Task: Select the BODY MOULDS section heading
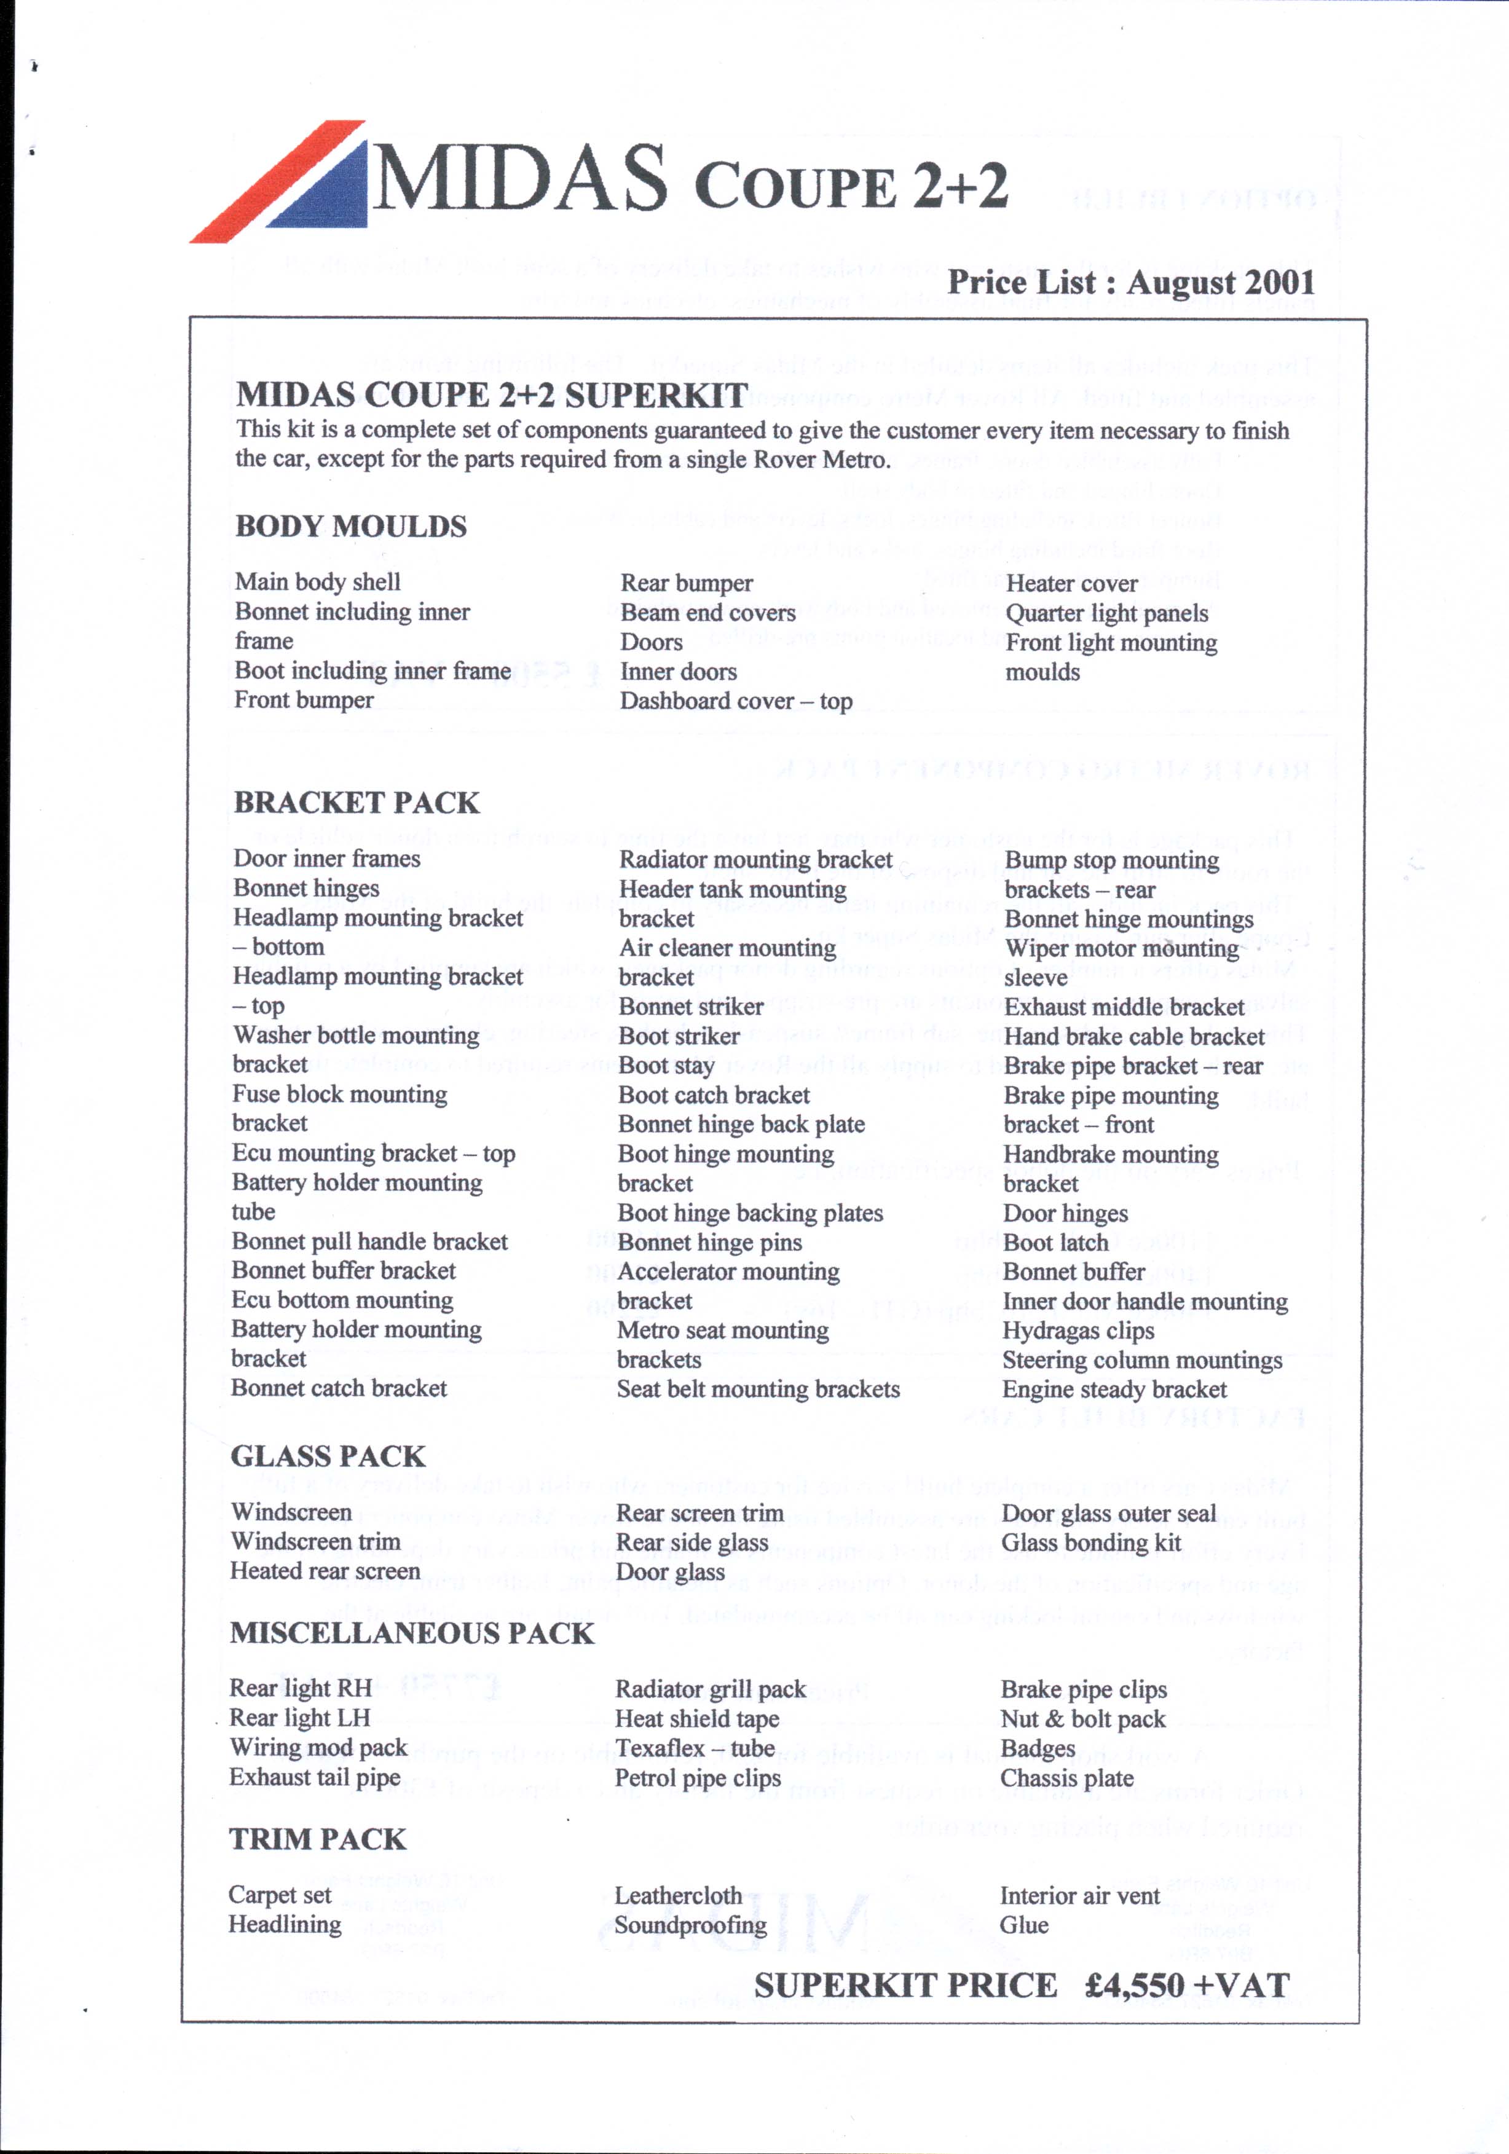tap(350, 526)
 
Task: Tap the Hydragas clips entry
tap(1078, 1331)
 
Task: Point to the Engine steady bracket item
tap(1114, 1389)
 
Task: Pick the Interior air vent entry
tap(1079, 1896)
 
